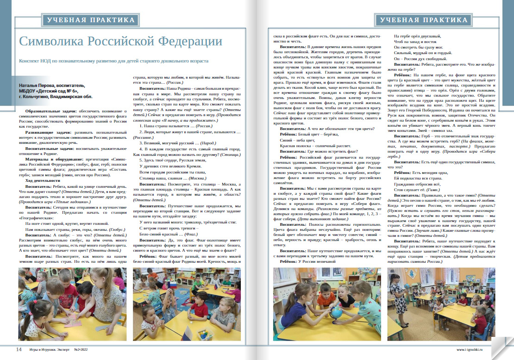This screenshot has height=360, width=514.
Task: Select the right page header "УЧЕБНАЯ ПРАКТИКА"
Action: pos(424,20)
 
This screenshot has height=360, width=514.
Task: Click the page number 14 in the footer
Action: pos(19,349)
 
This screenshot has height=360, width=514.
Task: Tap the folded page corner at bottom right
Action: pos(502,347)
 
